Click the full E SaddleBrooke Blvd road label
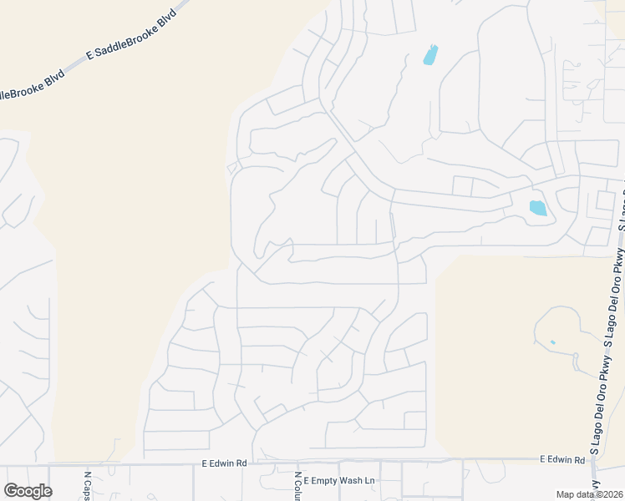[133, 35]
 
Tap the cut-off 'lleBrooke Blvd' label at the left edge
[32, 90]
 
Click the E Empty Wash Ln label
[339, 481]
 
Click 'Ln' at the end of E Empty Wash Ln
[371, 481]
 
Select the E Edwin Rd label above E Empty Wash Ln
[225, 463]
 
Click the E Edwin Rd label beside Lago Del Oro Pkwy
[562, 459]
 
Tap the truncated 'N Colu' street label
[297, 486]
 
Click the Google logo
[28, 491]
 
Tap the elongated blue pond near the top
[430, 54]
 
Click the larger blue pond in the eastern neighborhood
[537, 207]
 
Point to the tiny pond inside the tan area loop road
[553, 342]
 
